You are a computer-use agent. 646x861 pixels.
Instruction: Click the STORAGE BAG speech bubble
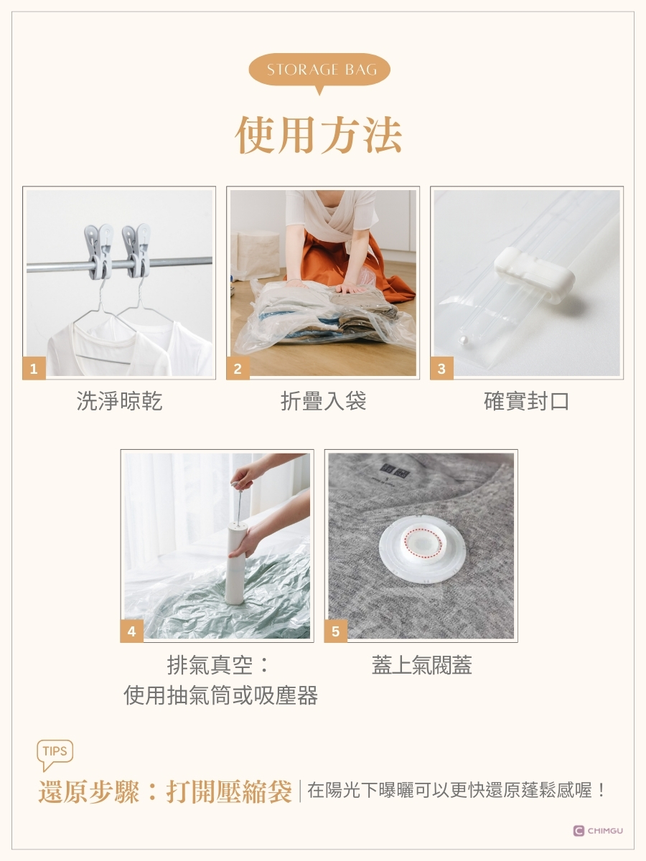pyautogui.click(x=319, y=70)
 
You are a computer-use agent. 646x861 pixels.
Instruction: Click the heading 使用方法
pyautogui.click(x=319, y=135)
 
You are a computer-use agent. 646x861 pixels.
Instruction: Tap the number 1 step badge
pyautogui.click(x=34, y=368)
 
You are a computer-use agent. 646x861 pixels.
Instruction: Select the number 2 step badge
pyautogui.click(x=238, y=368)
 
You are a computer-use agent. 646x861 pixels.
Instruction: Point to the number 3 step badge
pyautogui.click(x=441, y=368)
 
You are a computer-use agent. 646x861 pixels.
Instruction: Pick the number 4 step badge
pyautogui.click(x=132, y=631)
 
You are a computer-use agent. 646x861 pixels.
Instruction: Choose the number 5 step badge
pyautogui.click(x=336, y=631)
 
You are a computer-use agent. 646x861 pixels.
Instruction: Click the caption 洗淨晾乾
pyautogui.click(x=119, y=401)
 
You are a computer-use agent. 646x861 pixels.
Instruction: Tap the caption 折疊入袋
pyautogui.click(x=323, y=401)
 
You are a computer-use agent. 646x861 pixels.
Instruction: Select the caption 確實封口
pyautogui.click(x=527, y=401)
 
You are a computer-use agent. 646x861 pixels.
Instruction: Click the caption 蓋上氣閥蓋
pyautogui.click(x=421, y=665)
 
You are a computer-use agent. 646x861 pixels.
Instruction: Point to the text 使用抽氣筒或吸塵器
pyautogui.click(x=220, y=695)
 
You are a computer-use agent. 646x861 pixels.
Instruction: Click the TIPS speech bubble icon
pyautogui.click(x=55, y=754)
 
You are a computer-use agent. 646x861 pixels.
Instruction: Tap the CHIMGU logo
pyautogui.click(x=598, y=831)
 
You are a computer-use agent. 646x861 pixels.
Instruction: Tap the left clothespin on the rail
pyautogui.click(x=98, y=251)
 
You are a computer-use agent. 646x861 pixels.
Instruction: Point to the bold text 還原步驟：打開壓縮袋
pyautogui.click(x=165, y=791)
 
